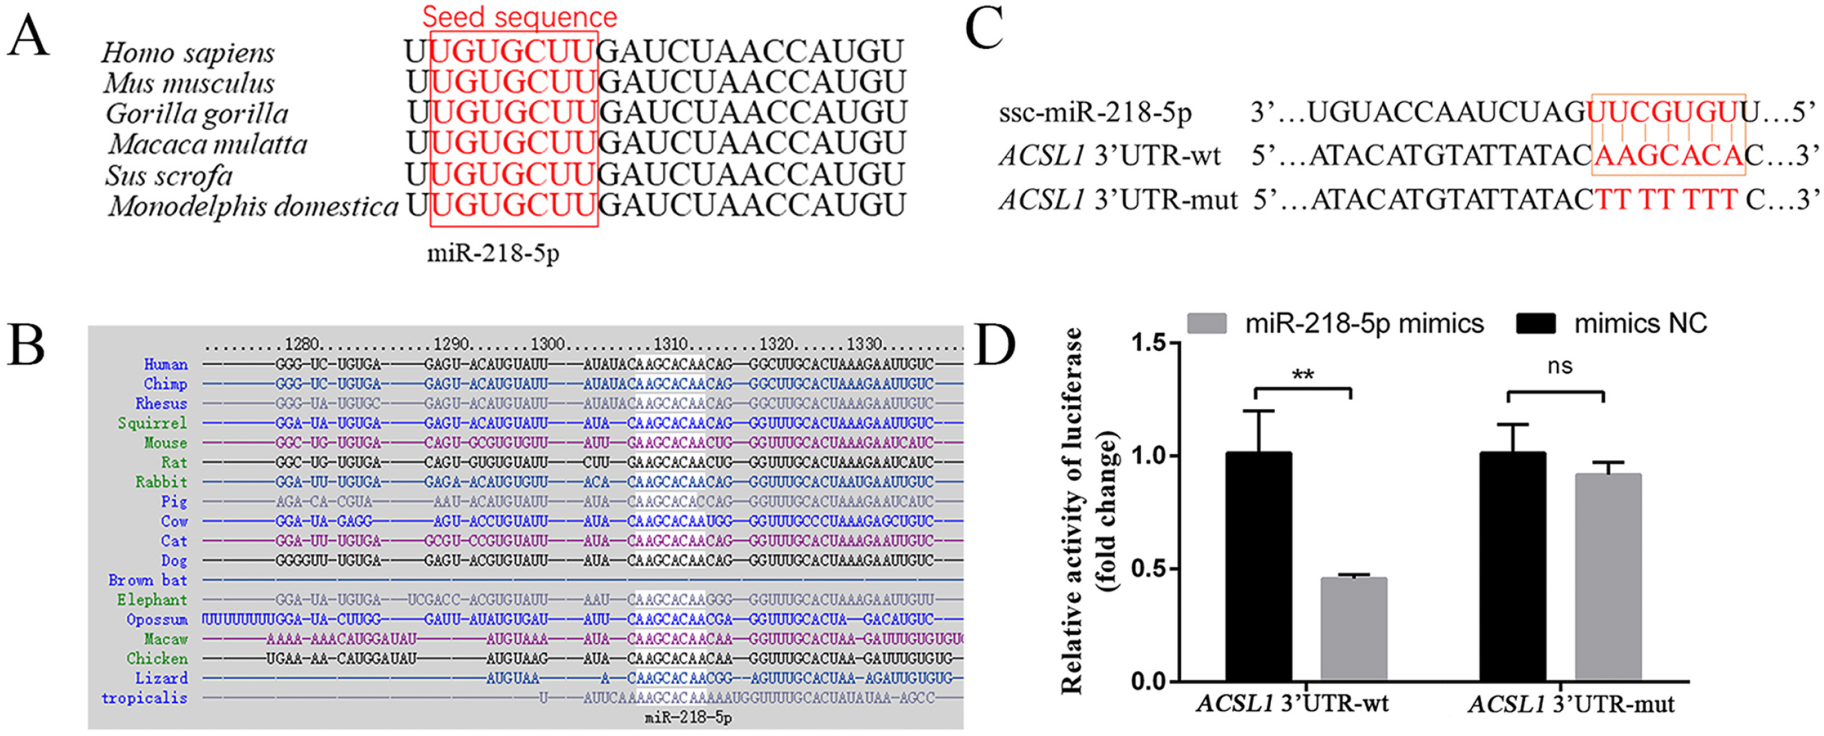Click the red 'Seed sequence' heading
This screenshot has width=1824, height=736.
pyautogui.click(x=519, y=16)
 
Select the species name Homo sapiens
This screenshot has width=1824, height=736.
pyautogui.click(x=187, y=52)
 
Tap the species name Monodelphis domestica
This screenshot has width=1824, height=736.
pyautogui.click(x=254, y=207)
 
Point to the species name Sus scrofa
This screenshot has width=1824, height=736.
pyautogui.click(x=169, y=175)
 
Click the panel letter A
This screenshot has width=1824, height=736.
pyautogui.click(x=28, y=37)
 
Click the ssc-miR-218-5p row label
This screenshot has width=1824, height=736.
pyautogui.click(x=1095, y=113)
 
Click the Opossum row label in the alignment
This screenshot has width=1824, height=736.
pyautogui.click(x=157, y=620)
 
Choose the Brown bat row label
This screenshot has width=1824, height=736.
pyautogui.click(x=147, y=580)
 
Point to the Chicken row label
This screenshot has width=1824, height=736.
pyautogui.click(x=157, y=659)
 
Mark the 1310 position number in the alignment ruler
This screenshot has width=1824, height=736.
pyautogui.click(x=670, y=344)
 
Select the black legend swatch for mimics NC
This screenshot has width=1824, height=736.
pyautogui.click(x=1535, y=323)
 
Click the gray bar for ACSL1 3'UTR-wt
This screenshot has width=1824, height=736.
pyautogui.click(x=1353, y=629)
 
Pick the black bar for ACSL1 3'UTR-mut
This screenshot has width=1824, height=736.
pyautogui.click(x=1513, y=567)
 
